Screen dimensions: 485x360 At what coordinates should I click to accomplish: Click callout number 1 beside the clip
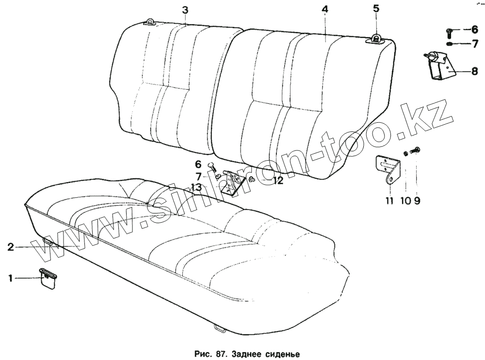[x=10, y=278]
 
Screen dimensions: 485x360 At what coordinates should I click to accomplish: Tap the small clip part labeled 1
[x=48, y=278]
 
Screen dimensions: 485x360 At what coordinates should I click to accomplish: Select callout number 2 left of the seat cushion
[x=10, y=246]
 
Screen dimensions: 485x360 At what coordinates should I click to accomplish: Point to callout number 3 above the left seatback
[x=185, y=10]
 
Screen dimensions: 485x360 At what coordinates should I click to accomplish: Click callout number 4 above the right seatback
[x=324, y=9]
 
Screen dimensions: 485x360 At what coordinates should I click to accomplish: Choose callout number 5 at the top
[x=376, y=8]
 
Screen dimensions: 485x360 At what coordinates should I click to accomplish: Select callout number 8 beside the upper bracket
[x=474, y=70]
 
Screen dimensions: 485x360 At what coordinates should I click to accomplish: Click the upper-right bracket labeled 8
[x=439, y=68]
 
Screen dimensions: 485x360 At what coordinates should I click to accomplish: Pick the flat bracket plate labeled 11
[x=388, y=170]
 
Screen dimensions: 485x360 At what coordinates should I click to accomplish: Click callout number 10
[x=404, y=200]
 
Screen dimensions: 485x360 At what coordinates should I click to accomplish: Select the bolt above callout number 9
[x=416, y=150]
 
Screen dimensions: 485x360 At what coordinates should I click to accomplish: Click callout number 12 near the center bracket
[x=277, y=181]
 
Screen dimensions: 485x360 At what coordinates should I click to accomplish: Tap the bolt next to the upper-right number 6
[x=449, y=32]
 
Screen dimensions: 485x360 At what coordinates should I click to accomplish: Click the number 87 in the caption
[x=222, y=354]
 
